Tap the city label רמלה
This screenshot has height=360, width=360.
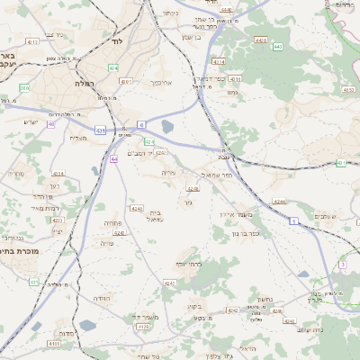pyautogui.click(x=107, y=97)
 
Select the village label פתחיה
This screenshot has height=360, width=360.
pyautogui.click(x=112, y=221)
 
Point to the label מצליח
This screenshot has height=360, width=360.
pyautogui.click(x=78, y=137)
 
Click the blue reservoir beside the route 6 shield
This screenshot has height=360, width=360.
pyautogui.click(x=168, y=128)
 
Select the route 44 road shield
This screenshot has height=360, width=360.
pyautogui.click(x=114, y=158)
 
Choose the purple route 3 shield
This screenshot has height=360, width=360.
pyautogui.click(x=342, y=265)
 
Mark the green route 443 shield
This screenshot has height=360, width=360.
pyautogui.click(x=278, y=46)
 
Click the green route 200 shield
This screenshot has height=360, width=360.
pyautogui.click(x=24, y=88)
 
